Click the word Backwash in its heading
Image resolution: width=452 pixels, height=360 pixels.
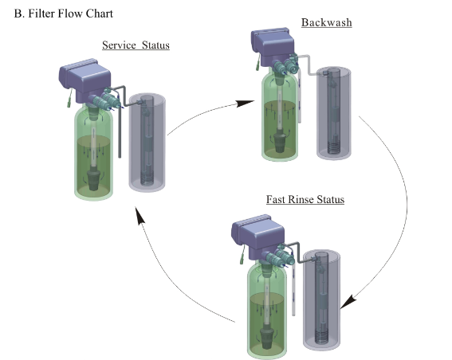327,22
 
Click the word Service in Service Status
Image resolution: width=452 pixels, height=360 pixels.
119,45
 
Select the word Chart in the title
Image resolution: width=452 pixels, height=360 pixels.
99,14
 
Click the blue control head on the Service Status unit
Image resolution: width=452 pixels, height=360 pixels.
85,79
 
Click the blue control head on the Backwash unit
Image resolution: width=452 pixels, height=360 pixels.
273,45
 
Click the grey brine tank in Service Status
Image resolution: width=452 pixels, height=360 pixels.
147,143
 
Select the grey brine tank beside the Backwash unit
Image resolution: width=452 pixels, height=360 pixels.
334,113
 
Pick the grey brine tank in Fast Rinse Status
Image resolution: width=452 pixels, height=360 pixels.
321,299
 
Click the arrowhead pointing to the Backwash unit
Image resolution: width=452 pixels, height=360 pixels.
245,103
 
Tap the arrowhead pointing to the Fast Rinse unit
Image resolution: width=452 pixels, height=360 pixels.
348,302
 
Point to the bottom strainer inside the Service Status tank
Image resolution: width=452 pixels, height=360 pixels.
94,180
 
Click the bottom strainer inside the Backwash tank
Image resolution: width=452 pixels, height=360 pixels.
279,143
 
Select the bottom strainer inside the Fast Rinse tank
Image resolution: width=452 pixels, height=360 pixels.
267,338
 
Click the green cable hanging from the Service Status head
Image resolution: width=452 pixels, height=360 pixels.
69,99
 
